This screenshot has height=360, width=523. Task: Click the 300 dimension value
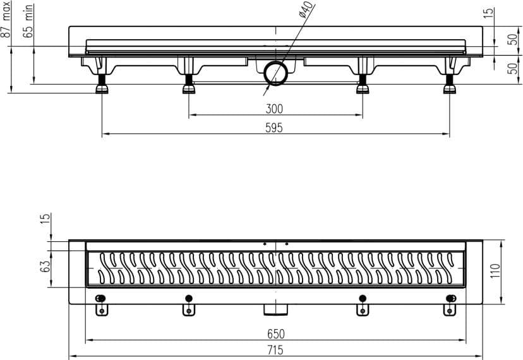(x=274, y=109)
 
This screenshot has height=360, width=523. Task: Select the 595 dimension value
(x=274, y=128)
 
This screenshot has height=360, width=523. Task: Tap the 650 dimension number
(x=276, y=333)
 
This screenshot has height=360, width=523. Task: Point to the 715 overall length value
(x=275, y=350)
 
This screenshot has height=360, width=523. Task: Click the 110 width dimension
(x=496, y=271)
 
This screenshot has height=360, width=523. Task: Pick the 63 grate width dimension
(x=45, y=266)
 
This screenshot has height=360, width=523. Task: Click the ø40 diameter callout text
(x=306, y=10)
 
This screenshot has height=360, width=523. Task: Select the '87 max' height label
(x=5, y=20)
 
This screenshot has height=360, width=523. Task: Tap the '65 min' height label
(x=28, y=21)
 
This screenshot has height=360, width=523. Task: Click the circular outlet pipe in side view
(x=276, y=73)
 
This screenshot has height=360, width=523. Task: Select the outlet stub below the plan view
(x=275, y=309)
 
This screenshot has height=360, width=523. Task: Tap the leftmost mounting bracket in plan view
(x=102, y=306)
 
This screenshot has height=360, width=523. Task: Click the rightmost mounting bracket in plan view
(x=450, y=306)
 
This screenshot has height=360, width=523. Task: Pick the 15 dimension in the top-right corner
(x=488, y=13)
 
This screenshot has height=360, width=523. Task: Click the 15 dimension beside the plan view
(x=45, y=218)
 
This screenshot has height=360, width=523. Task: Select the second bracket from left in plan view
(x=189, y=306)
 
